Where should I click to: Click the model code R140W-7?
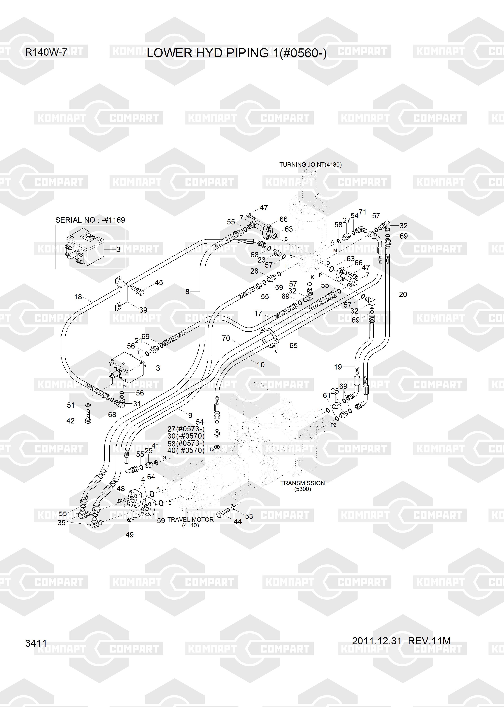(x=46, y=52)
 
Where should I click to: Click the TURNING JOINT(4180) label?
(x=310, y=165)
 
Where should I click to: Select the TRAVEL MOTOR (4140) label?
(x=190, y=522)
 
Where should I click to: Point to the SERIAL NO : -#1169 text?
(x=90, y=220)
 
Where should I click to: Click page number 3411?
(x=36, y=643)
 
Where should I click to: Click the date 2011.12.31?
(x=377, y=641)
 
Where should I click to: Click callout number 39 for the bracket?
(x=143, y=310)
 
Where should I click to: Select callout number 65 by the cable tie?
(x=293, y=345)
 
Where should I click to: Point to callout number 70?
(x=226, y=338)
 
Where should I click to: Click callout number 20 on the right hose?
(x=403, y=294)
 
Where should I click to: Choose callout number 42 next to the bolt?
(x=70, y=421)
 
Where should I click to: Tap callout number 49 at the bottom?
(x=129, y=535)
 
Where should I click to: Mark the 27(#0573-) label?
(x=185, y=429)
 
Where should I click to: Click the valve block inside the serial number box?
(x=85, y=247)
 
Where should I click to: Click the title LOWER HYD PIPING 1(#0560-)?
(x=237, y=53)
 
